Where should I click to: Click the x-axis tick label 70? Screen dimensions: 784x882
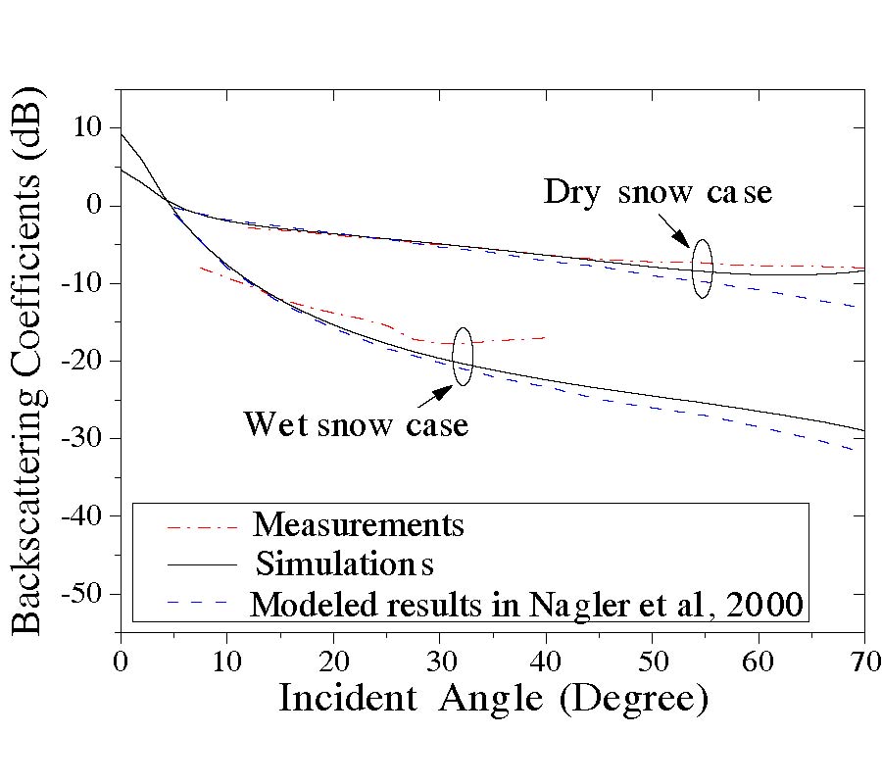coord(863,658)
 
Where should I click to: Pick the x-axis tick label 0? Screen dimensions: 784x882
coord(120,658)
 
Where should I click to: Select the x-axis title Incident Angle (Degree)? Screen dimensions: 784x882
coord(492,700)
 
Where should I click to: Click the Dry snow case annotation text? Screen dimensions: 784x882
coord(658,191)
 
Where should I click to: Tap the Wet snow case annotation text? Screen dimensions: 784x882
coord(355,424)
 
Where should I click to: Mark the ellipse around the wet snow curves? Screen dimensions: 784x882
coord(463,356)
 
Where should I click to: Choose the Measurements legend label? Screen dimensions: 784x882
coord(358,525)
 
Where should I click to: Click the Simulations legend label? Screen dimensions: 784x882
coord(344,564)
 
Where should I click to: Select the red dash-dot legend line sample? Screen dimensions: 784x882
coord(203,526)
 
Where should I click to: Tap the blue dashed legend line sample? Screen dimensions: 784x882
coord(203,601)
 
